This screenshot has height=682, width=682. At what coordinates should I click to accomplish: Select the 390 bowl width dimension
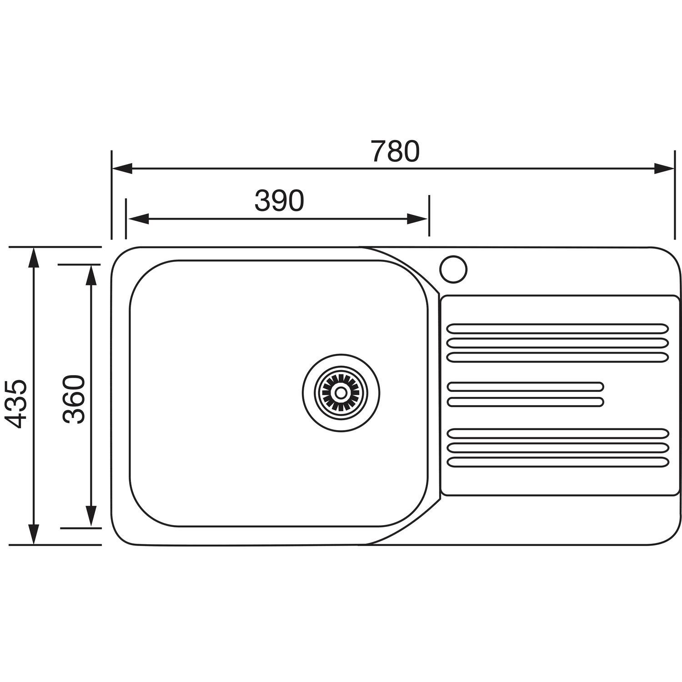coord(279,201)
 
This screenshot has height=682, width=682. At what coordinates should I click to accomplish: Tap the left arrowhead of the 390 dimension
coord(138,219)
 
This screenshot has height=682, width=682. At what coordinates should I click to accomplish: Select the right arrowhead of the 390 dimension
coord(417,219)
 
